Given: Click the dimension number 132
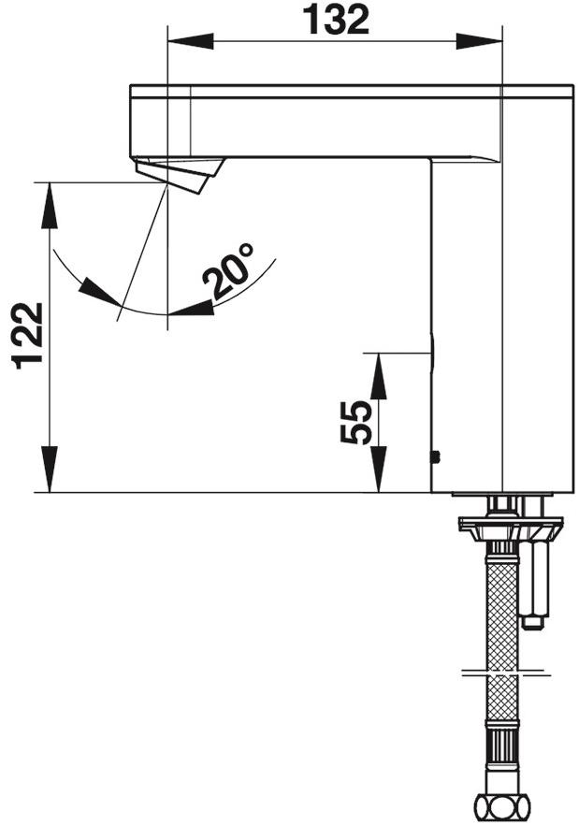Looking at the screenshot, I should pos(335,19).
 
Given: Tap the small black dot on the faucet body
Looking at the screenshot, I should pos(434,456).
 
